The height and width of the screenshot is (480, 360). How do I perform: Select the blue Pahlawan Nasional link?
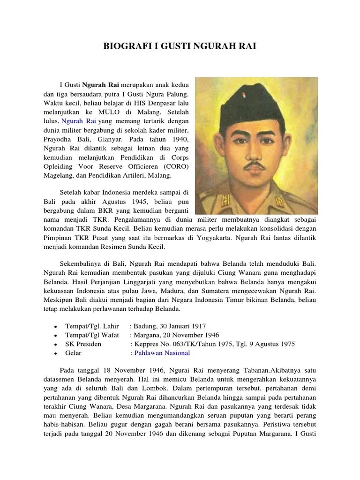coord(162,353)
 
